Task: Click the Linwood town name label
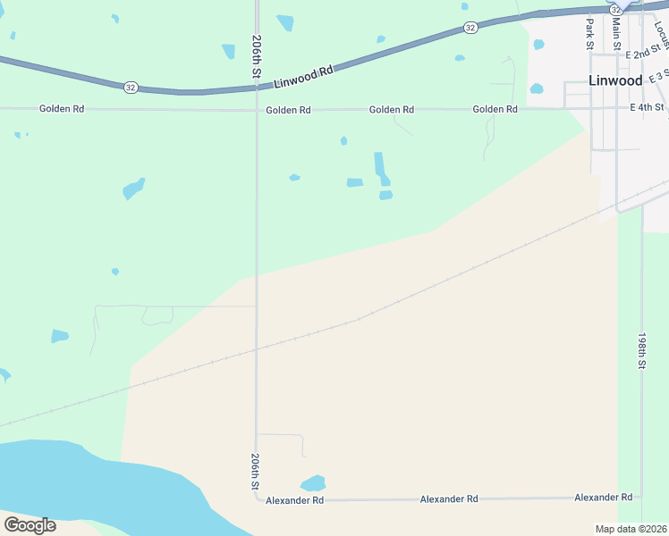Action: point(615,80)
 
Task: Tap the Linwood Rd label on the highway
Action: point(303,74)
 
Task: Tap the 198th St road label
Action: point(641,352)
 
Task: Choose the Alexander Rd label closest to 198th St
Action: point(603,497)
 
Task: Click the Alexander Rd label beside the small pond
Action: point(294,501)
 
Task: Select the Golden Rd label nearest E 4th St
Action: point(495,109)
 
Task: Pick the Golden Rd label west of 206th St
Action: point(62,109)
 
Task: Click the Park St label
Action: point(589,33)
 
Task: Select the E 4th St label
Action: point(647,107)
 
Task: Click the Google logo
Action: point(30,524)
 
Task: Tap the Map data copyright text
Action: point(631,529)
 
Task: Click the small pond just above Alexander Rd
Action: point(313,483)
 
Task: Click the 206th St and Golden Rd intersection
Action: point(257,110)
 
